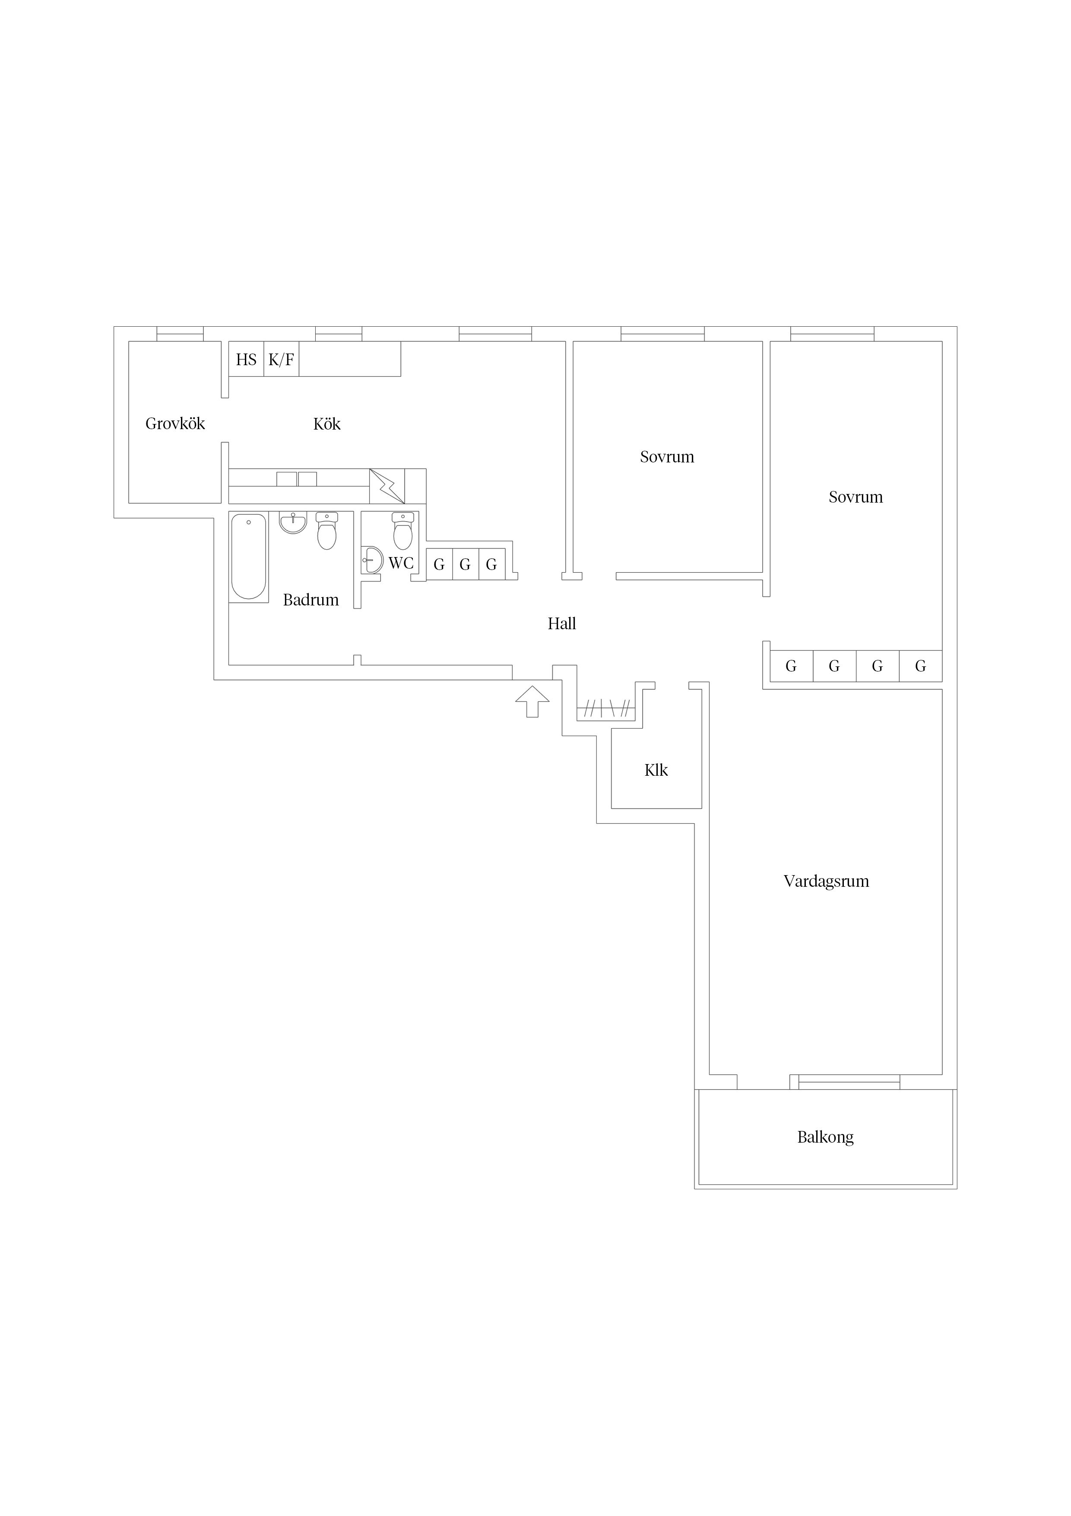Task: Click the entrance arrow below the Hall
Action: tap(532, 701)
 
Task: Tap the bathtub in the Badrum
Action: tap(249, 557)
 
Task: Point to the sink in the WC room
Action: tap(373, 561)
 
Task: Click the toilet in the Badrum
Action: tap(326, 531)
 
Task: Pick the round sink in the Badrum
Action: tap(293, 522)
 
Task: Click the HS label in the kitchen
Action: tap(246, 360)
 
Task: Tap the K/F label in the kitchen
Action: tap(281, 360)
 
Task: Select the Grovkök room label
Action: tap(175, 423)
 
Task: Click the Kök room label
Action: tap(326, 424)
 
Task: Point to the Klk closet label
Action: tap(656, 770)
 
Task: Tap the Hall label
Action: tap(561, 623)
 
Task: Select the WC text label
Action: tap(401, 563)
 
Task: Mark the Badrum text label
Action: tap(311, 599)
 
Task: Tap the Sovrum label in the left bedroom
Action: tap(667, 457)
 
